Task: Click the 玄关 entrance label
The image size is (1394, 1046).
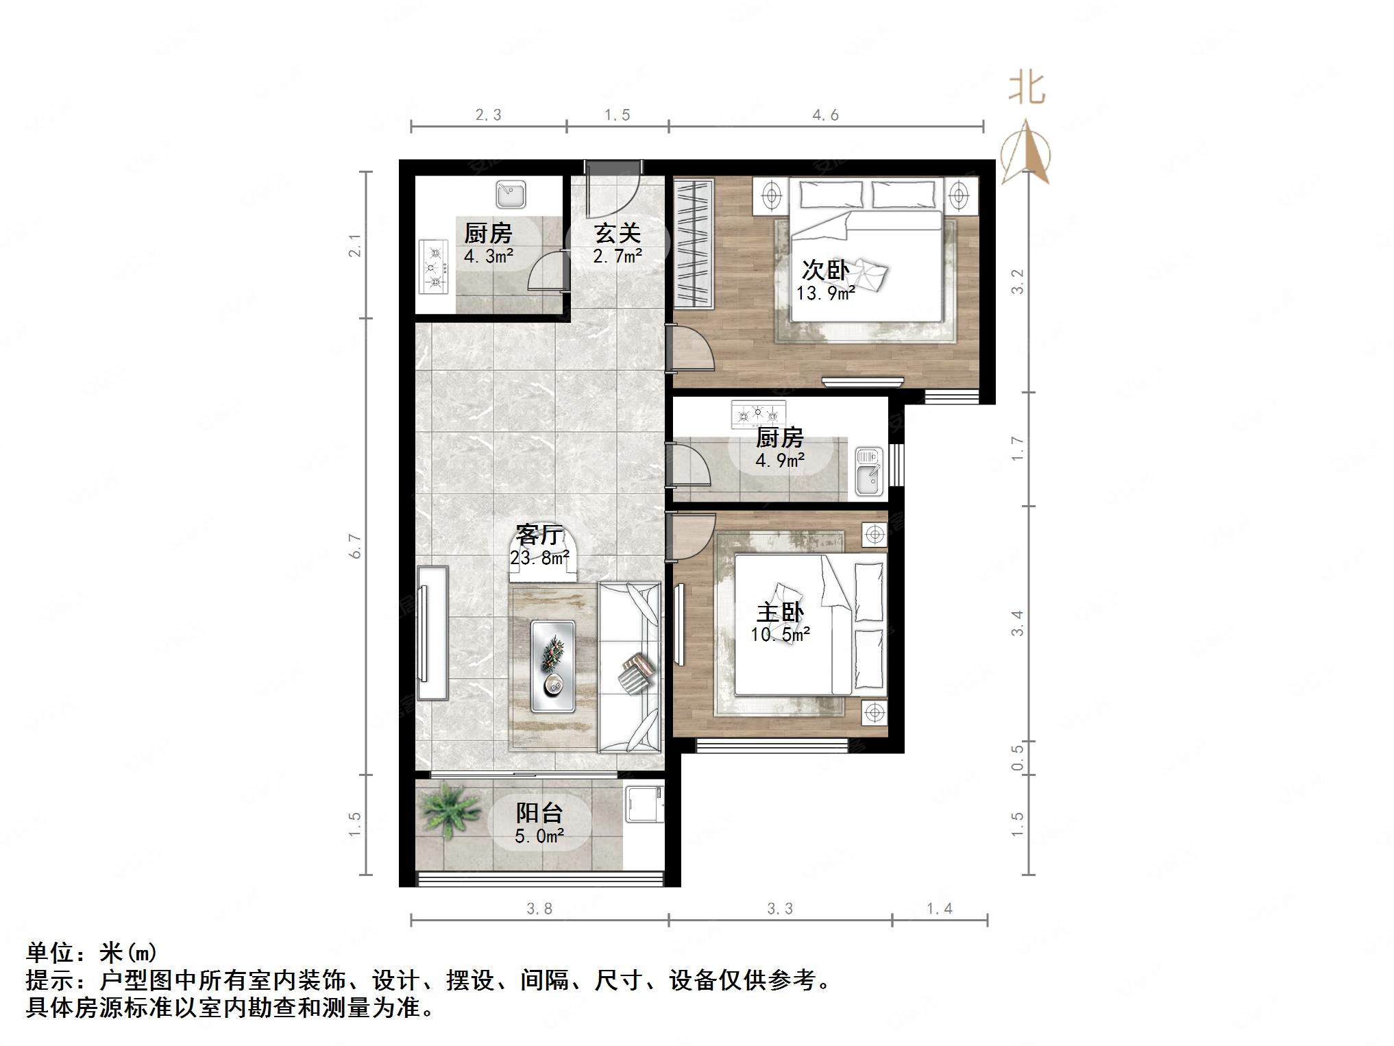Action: coord(617,234)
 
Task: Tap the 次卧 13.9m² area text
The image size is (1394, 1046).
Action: coord(825,293)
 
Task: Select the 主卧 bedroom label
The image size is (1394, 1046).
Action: coord(780,612)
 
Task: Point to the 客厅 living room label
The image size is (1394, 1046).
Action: coord(539,535)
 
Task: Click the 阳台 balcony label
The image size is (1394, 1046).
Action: coord(539,813)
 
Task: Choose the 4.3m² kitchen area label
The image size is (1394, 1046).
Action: coord(489,256)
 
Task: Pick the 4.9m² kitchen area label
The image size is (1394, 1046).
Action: coord(780,460)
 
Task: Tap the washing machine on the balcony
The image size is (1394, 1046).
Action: coord(644,804)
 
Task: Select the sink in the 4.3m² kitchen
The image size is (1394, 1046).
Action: coord(511,195)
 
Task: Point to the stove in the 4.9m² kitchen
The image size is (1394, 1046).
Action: coord(757,414)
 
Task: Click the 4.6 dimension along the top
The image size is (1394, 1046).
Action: coord(825,115)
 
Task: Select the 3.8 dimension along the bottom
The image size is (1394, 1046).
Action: coord(539,909)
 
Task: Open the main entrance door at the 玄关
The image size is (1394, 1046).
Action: coord(613,185)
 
